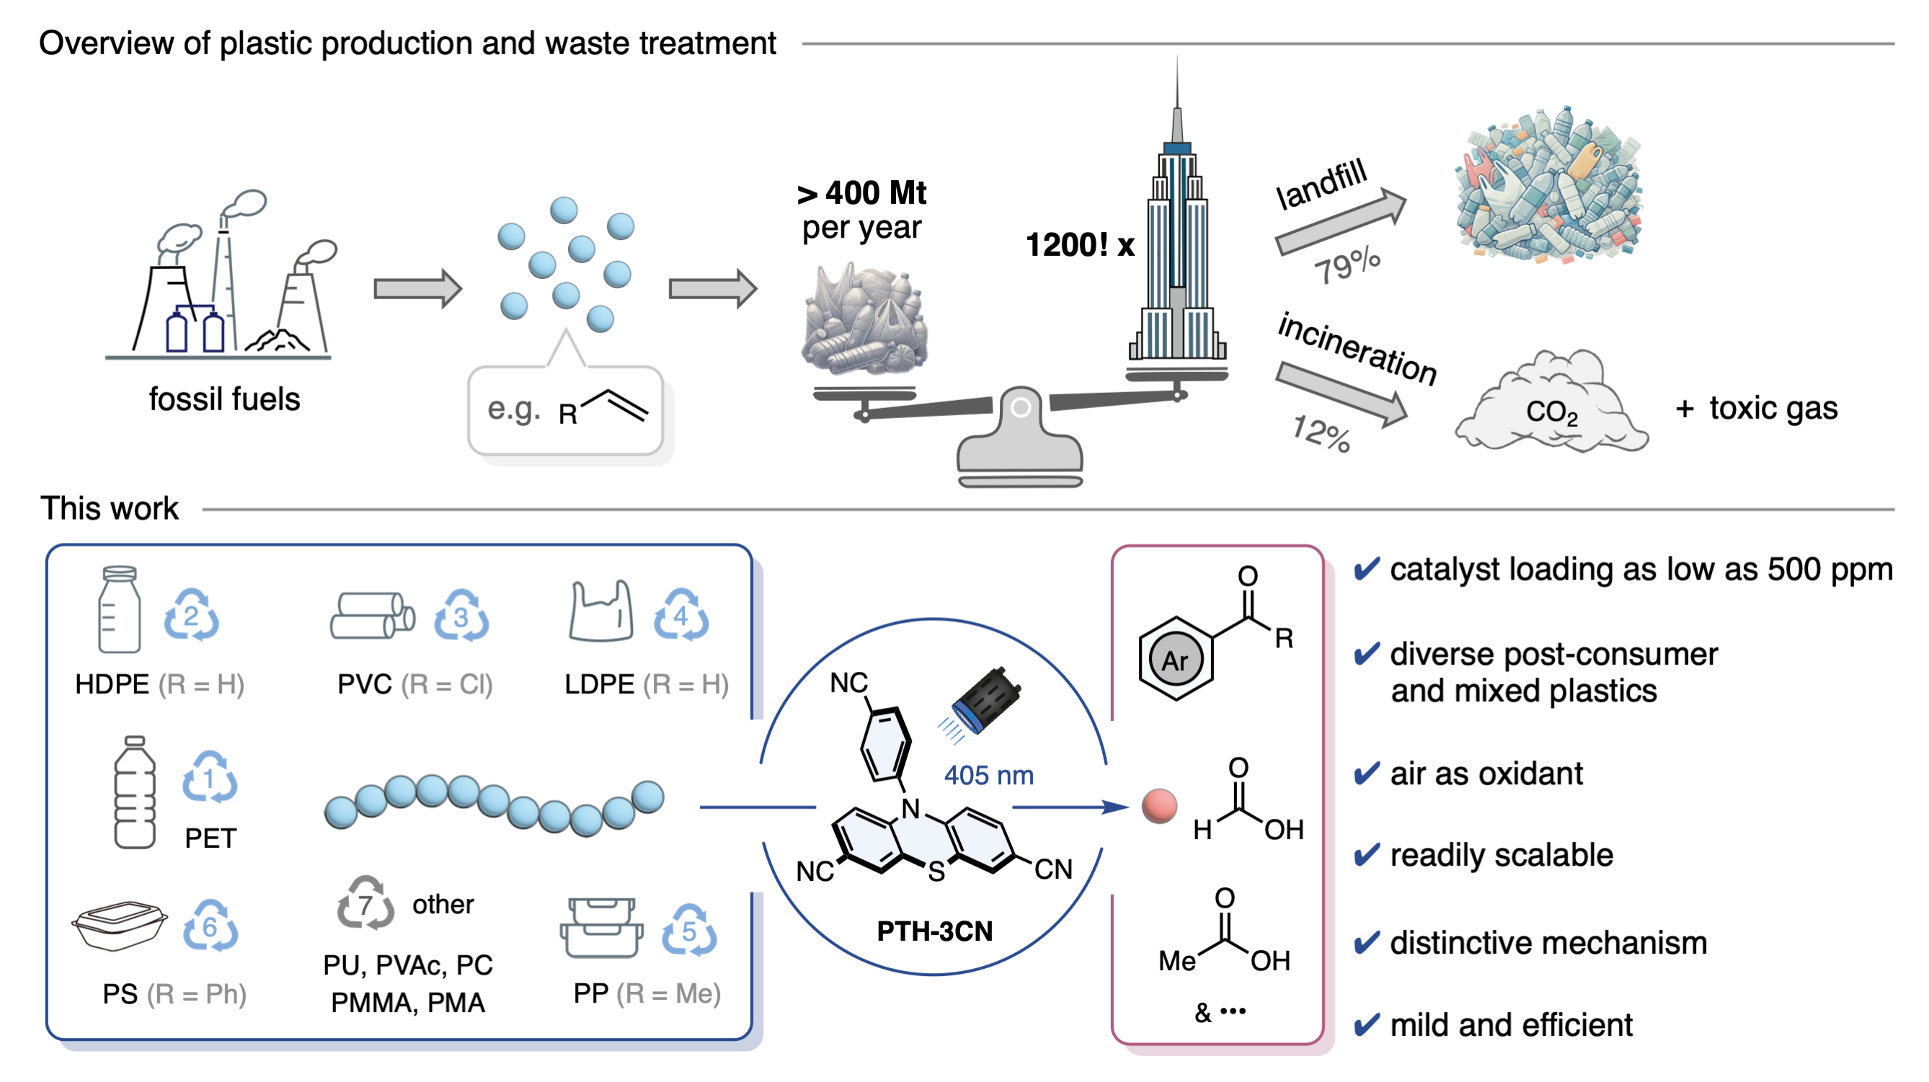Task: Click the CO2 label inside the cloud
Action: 1551,412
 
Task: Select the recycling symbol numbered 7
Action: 365,903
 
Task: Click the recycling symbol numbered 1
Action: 209,778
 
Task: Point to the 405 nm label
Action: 988,775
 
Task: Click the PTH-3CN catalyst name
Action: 934,931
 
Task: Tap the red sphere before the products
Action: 1158,807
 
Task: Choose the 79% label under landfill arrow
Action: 1347,265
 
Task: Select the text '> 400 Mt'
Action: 862,193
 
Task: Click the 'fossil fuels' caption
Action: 224,399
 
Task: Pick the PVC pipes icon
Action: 372,616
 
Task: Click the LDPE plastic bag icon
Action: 600,612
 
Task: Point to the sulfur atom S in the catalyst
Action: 936,871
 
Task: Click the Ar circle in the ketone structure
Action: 1175,660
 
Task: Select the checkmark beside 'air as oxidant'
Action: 1367,773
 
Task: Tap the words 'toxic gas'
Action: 1773,408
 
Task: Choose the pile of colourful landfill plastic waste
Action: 1548,186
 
